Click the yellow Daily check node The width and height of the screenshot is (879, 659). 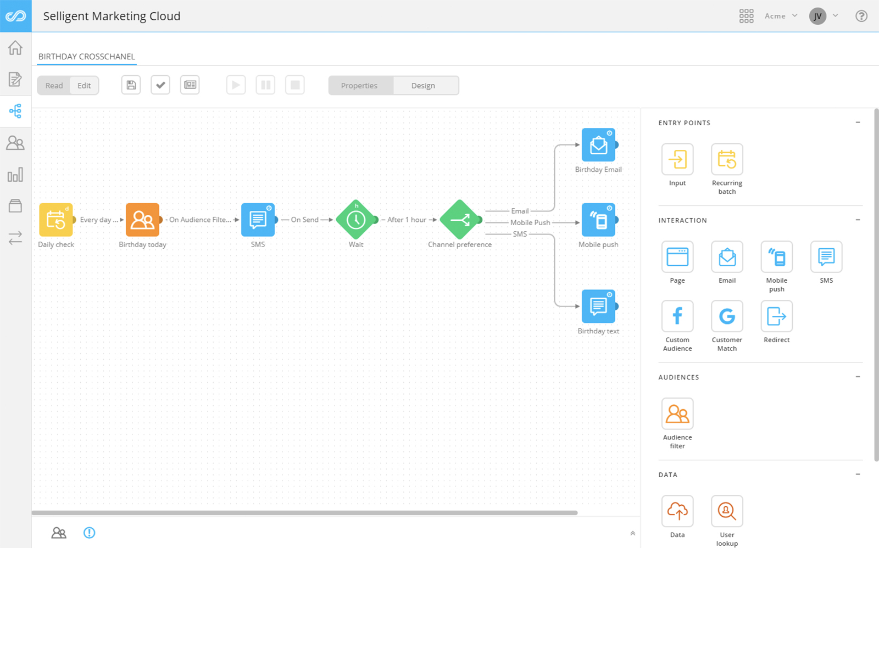click(55, 220)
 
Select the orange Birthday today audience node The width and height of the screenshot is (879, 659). click(142, 220)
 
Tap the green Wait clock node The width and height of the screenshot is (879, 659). click(356, 220)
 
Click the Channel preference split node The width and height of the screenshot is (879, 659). click(460, 220)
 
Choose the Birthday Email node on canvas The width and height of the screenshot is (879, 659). click(598, 145)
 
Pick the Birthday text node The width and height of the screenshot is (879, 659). click(598, 306)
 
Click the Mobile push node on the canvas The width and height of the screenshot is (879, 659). click(598, 220)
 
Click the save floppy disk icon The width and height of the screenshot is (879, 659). click(131, 85)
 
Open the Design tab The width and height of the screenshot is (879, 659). click(423, 86)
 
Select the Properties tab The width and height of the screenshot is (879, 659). click(359, 86)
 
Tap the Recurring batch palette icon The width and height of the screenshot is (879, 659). click(727, 159)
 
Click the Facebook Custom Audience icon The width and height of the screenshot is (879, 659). click(677, 316)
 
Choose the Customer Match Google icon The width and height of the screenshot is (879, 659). click(727, 316)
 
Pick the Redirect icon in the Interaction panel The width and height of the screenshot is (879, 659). click(776, 316)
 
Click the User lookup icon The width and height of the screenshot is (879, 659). click(727, 511)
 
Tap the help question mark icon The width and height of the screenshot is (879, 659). click(861, 16)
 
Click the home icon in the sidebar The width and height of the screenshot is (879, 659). click(15, 48)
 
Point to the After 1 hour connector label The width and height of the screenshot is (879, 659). click(407, 220)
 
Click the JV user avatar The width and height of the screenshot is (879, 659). click(817, 16)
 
